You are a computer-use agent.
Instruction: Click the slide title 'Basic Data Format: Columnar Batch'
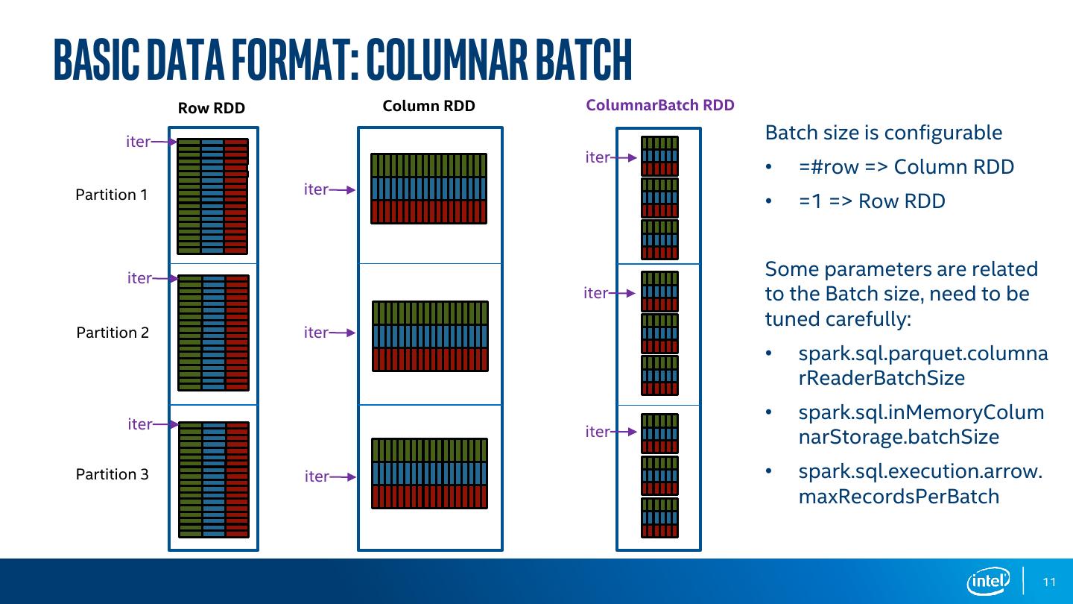343,58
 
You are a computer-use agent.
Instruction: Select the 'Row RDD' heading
212,108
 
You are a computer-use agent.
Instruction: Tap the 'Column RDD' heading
428,106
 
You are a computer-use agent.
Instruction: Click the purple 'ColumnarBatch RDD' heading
660,105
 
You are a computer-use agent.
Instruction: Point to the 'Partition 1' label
112,195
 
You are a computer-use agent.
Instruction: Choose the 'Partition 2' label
113,333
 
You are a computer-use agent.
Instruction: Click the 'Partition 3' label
113,474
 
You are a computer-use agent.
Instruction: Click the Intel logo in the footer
988,581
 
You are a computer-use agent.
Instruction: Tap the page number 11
1050,582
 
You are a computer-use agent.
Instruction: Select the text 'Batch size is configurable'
884,133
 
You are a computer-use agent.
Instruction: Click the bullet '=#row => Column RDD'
906,166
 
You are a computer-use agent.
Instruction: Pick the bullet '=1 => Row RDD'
872,201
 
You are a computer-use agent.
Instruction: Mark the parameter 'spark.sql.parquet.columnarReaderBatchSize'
922,365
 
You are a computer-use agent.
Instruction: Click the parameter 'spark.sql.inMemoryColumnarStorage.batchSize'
921,424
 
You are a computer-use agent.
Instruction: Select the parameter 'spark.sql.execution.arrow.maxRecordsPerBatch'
920,483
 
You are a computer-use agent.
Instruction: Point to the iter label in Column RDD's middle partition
316,333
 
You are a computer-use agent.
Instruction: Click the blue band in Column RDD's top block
428,189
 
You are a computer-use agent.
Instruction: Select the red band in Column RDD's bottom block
429,497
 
